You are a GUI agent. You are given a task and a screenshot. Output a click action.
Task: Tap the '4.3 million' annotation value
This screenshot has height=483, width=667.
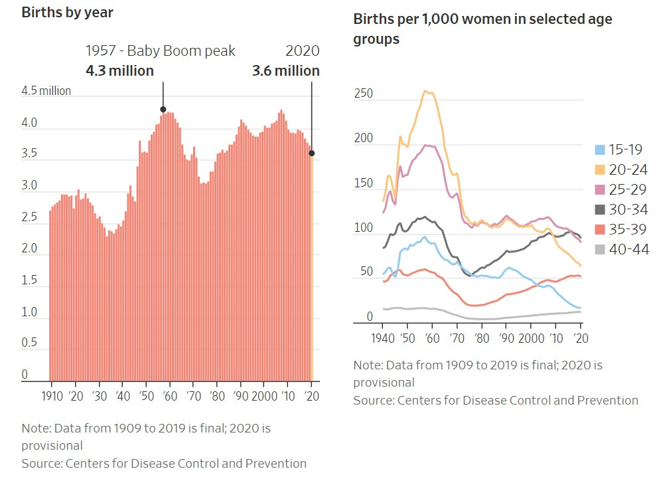119,70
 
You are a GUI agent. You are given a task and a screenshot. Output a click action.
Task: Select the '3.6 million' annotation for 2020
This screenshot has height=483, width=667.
285,70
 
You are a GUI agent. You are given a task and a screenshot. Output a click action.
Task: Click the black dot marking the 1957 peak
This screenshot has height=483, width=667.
163,110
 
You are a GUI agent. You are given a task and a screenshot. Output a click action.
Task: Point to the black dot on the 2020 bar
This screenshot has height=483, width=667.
312,153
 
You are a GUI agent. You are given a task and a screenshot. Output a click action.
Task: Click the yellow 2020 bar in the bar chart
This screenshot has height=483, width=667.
313,266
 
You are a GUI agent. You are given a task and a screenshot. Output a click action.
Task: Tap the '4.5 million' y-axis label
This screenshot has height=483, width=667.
46,91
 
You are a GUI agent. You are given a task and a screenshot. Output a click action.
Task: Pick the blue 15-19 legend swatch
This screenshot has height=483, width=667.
599,150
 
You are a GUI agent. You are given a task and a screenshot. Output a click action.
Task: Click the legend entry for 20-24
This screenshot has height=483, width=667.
620,170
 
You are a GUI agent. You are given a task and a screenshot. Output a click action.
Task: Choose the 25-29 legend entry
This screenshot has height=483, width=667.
620,190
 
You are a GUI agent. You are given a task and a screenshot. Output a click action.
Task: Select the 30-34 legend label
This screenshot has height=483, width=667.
629,210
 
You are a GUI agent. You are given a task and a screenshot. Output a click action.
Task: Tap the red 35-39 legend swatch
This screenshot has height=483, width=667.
599,230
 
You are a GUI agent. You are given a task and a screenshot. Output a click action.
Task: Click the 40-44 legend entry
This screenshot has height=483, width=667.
620,250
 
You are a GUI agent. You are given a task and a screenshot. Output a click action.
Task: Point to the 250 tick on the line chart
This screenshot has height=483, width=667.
364,94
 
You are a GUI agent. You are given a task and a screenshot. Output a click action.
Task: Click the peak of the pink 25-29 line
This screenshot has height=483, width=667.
428,145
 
